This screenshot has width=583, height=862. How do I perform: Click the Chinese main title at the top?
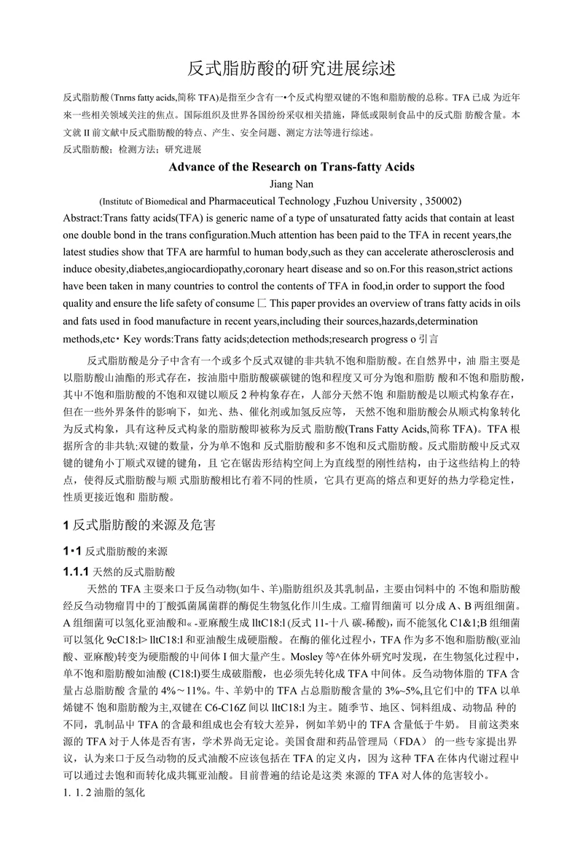point(291,69)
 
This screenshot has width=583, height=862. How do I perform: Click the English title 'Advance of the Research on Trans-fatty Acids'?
point(291,167)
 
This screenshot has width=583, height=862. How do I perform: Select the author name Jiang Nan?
point(291,184)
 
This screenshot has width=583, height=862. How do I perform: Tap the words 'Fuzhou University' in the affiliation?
point(380,200)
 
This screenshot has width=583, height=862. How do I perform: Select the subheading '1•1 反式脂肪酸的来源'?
point(116,551)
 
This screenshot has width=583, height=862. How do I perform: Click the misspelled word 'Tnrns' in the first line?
point(128,97)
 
